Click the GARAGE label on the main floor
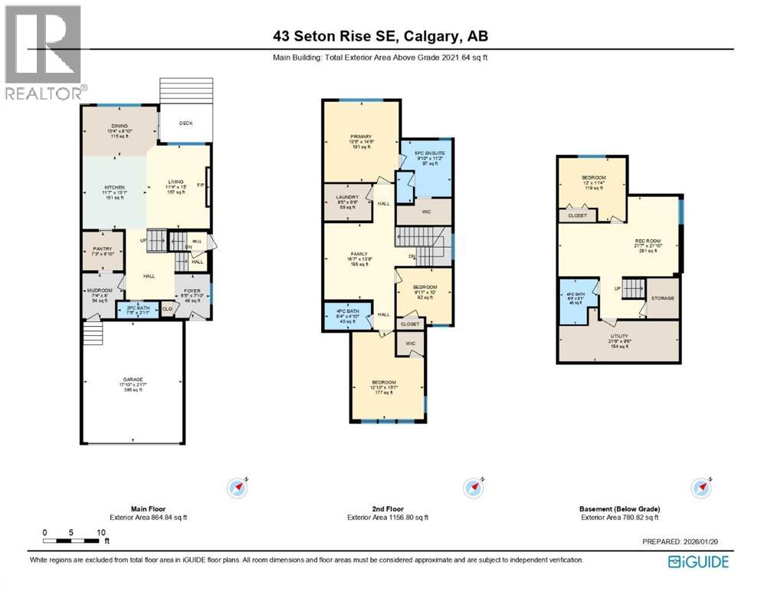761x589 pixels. [133, 379]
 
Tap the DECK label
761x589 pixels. [186, 123]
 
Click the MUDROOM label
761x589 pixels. [100, 290]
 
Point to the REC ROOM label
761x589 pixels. [648, 242]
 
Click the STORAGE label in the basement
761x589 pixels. [662, 298]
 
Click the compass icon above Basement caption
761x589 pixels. [700, 486]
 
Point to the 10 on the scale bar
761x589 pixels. [100, 531]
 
